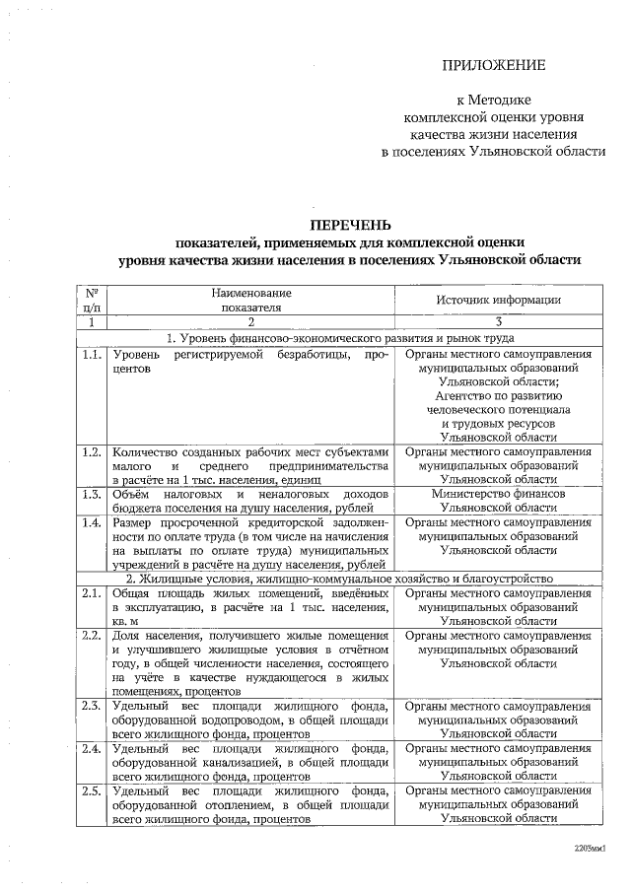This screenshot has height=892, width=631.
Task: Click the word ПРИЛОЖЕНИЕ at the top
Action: point(493,66)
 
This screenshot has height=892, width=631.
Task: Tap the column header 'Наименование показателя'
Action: point(250,300)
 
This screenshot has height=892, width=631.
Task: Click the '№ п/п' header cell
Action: point(90,300)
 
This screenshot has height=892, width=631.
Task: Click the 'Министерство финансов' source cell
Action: point(499,493)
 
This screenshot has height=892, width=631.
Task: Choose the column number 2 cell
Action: point(250,321)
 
